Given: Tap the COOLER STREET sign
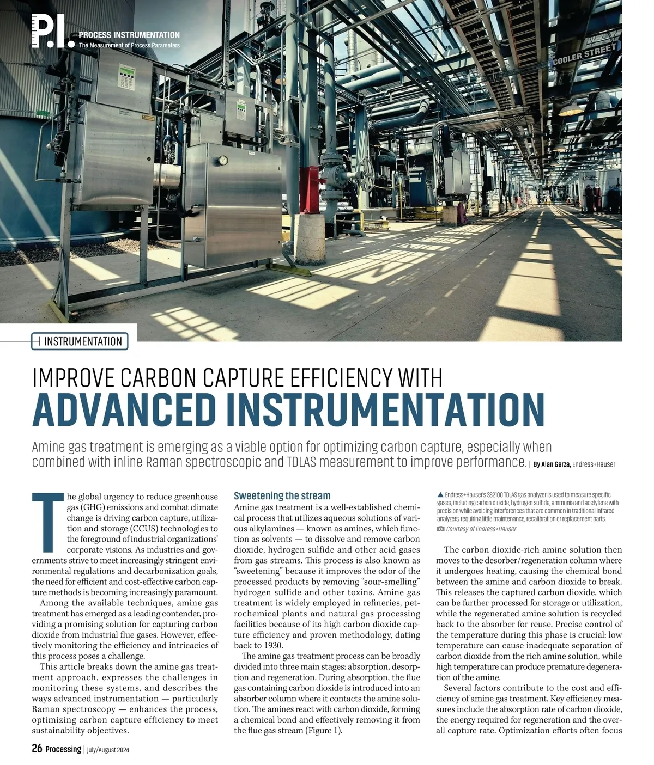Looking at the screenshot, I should pos(584,55).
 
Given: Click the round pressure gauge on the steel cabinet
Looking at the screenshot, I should pos(223,161).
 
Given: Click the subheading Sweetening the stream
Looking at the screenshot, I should pos(282,495).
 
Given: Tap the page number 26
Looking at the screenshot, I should pos(37,749).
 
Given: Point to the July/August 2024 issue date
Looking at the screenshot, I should pos(108,750).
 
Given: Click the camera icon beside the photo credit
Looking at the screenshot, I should pos(440,529).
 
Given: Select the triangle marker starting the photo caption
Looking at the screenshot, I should pos(440,494).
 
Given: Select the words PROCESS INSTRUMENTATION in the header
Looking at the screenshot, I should pos(129,35).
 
